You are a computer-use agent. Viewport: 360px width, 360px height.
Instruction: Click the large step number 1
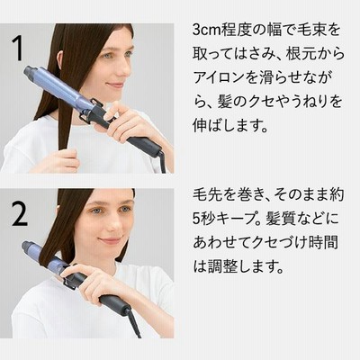pyautogui.click(x=19, y=48)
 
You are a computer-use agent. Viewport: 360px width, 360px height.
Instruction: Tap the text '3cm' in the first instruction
pyautogui.click(x=206, y=31)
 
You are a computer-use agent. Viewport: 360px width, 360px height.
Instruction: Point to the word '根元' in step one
pyautogui.click(x=300, y=54)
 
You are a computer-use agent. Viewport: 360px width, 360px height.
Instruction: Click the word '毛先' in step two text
pyautogui.click(x=207, y=195)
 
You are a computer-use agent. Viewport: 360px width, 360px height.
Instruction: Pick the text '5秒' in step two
pyautogui.click(x=201, y=219)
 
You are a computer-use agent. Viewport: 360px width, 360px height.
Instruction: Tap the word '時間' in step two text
pyautogui.click(x=324, y=242)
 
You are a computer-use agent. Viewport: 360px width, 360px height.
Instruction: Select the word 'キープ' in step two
pyautogui.click(x=232, y=219)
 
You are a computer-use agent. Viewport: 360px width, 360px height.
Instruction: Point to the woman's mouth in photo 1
pyautogui.click(x=114, y=85)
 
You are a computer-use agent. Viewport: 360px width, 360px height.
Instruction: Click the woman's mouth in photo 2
pyautogui.click(x=109, y=241)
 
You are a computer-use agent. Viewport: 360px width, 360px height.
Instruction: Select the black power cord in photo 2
pyautogui.click(x=134, y=323)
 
